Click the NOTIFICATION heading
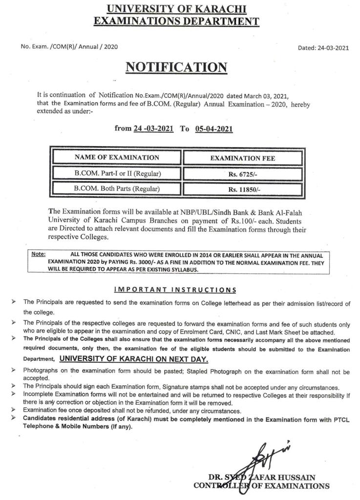(x=176, y=67)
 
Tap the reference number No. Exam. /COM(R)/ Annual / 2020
(x=69, y=46)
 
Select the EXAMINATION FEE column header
(x=242, y=158)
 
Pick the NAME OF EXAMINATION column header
(x=117, y=157)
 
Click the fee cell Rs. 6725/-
(x=242, y=174)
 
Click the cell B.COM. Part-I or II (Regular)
(x=117, y=173)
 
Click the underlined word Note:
(x=38, y=254)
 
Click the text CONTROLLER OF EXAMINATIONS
(x=261, y=486)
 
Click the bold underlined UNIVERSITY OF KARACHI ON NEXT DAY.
(x=134, y=359)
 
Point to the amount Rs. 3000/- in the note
(x=125, y=262)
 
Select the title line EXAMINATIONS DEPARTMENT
(x=176, y=21)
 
